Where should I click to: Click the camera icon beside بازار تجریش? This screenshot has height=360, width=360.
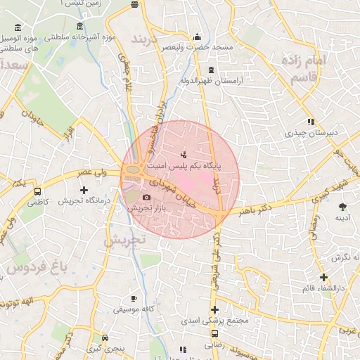point(147,198)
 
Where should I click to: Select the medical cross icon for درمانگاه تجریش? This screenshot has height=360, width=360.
point(84,190)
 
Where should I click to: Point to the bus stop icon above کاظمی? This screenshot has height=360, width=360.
point(37,191)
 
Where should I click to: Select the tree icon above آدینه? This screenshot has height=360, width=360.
point(342,206)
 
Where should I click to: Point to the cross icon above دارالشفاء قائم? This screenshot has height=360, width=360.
point(323,278)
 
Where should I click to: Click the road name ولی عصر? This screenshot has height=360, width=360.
point(92,172)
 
